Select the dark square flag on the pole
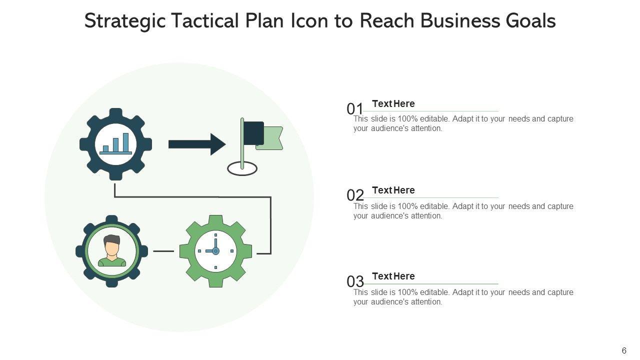pyautogui.click(x=253, y=133)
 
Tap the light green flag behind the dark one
pyautogui.click(x=272, y=138)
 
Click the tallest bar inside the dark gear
pyautogui.click(x=125, y=142)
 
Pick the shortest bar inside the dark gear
pyautogui.click(x=105, y=148)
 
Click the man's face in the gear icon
pyautogui.click(x=112, y=247)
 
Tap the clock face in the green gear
pyautogui.click(x=215, y=251)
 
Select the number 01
pyautogui.click(x=355, y=108)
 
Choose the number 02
pyautogui.click(x=355, y=195)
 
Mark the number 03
pyautogui.click(x=355, y=281)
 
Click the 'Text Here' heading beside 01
pyautogui.click(x=393, y=104)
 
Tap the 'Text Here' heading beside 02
pyautogui.click(x=393, y=190)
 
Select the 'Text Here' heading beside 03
pyautogui.click(x=393, y=276)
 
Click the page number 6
pyautogui.click(x=624, y=351)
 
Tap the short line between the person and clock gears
pyautogui.click(x=163, y=251)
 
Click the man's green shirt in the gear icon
pyautogui.click(x=112, y=261)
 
